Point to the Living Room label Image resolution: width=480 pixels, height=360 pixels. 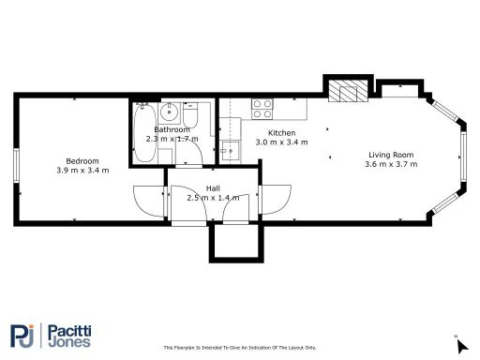coord(391,155)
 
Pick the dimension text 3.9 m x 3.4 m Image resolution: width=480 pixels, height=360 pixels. coord(82,171)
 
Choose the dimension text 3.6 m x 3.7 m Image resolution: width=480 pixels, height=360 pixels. coord(391,164)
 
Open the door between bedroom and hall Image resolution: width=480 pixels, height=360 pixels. coord(150,201)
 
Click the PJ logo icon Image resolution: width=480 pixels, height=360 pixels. coord(23,335)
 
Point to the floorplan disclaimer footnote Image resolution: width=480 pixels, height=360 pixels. coord(239,345)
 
